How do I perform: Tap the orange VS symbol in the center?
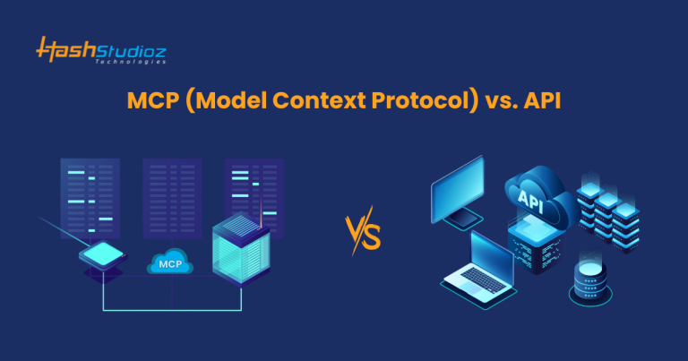click(x=364, y=236)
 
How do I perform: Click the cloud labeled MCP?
click(x=168, y=263)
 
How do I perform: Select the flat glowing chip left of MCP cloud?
click(x=105, y=257)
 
